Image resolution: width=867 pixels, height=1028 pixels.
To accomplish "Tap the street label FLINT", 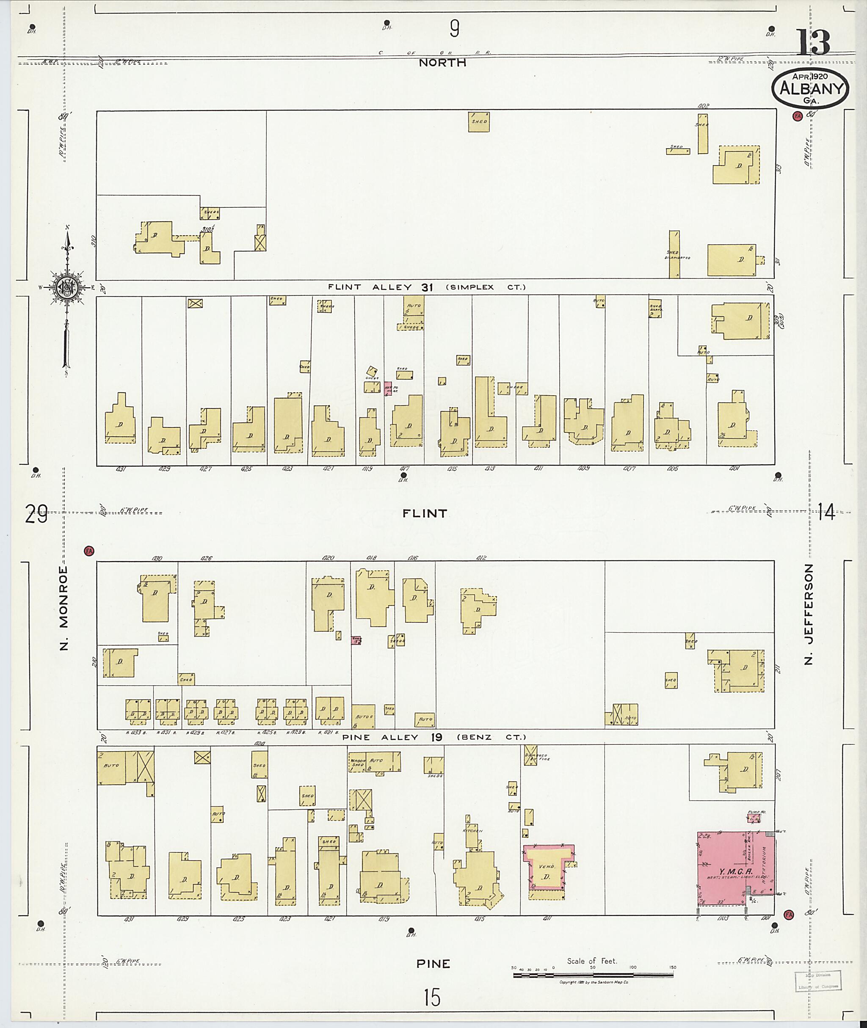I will pyautogui.click(x=425, y=513).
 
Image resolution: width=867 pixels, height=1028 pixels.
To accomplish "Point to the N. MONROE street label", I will pyautogui.click(x=64, y=608).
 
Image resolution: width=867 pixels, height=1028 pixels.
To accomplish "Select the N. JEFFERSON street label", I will pyautogui.click(x=809, y=614).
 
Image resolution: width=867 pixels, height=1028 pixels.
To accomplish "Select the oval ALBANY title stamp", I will pyautogui.click(x=810, y=89).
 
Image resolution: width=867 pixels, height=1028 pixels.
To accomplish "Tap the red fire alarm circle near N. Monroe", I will pyautogui.click(x=89, y=551).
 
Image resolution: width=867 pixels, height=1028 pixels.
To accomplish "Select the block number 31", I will pyautogui.click(x=427, y=287).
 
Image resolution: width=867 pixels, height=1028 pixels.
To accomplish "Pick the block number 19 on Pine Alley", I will pyautogui.click(x=437, y=737).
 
